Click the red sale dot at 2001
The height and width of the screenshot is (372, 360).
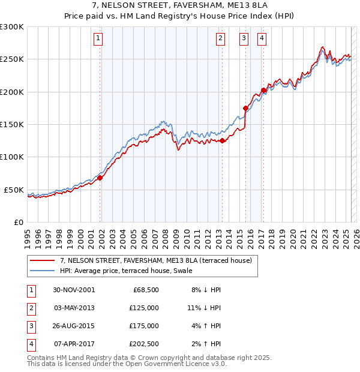(x=100, y=178)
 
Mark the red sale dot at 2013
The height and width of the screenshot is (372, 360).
(x=222, y=141)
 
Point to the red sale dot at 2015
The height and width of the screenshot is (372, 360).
(x=246, y=109)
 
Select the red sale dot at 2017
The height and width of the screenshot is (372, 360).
(x=263, y=91)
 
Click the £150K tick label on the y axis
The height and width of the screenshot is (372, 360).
(x=12, y=125)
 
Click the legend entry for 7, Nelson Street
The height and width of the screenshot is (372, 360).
(x=158, y=260)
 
